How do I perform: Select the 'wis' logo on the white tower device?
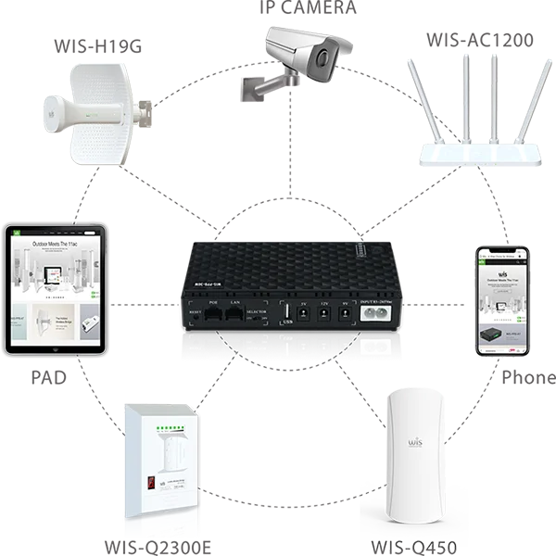coord(414,443)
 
